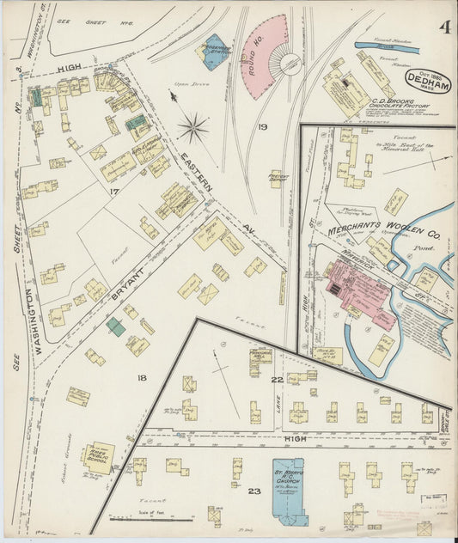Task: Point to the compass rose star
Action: click(193, 130)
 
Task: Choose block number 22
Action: click(277, 380)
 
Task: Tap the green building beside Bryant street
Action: click(115, 326)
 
